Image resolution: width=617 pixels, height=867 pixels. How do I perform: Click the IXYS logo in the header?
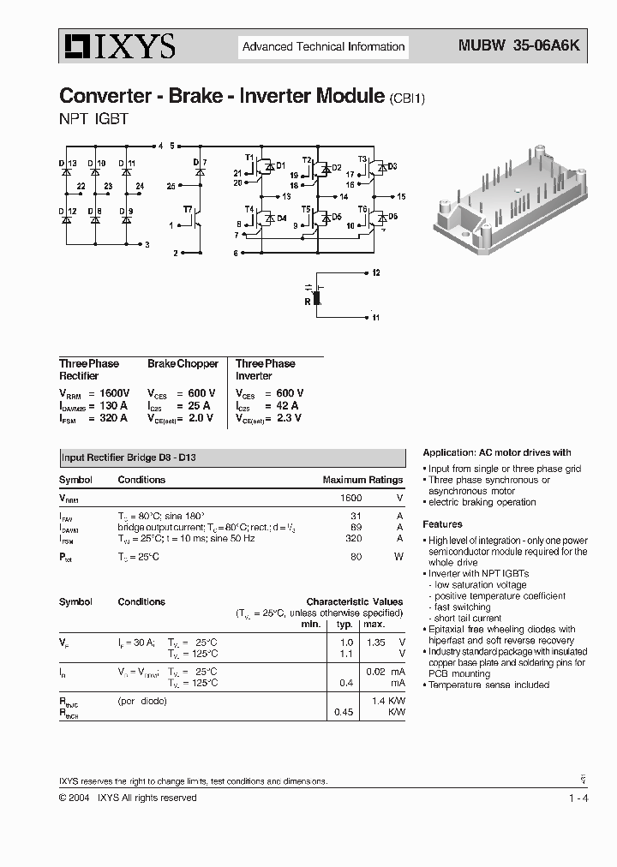coord(118,46)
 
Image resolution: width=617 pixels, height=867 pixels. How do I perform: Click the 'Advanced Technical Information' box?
coord(323,47)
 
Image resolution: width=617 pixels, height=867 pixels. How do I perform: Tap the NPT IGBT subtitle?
coord(93,120)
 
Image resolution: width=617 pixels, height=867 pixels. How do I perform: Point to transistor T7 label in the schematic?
coord(187,208)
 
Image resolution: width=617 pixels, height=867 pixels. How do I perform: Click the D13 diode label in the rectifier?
coord(68,163)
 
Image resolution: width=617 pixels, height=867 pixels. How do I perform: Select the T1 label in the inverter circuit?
coord(249,158)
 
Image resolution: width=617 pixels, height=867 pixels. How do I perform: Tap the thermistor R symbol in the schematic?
coord(316,296)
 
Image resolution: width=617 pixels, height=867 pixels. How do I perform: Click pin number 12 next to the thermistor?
coord(375,272)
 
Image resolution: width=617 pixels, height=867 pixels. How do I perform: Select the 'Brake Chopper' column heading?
coord(183,364)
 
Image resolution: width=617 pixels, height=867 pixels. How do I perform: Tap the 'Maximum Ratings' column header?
coord(362,480)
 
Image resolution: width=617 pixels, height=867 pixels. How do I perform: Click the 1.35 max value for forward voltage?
coord(375,642)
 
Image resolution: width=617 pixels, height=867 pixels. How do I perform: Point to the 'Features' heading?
coord(442,524)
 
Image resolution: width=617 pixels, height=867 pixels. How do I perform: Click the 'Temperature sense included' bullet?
coord(489,685)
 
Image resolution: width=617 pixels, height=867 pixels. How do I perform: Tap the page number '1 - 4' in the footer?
coord(578,798)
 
